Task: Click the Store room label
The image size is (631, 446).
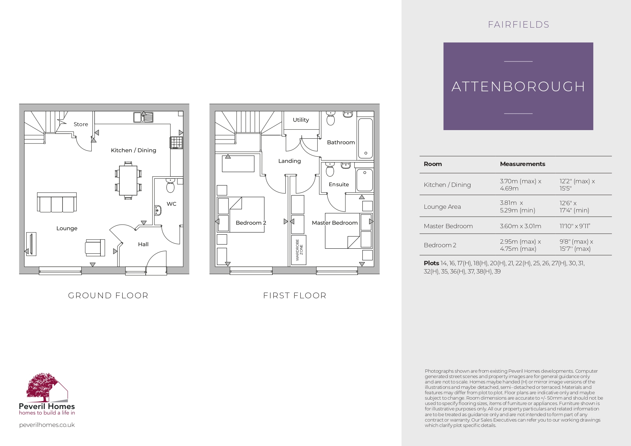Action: tap(81, 124)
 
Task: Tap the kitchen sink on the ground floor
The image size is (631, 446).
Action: tap(143, 117)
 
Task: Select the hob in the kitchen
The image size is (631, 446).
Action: tap(176, 143)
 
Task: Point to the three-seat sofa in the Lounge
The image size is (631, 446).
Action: tap(57, 203)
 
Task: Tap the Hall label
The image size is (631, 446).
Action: tap(143, 244)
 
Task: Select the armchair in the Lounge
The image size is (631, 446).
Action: tap(95, 248)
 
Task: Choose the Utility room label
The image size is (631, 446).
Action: tap(301, 120)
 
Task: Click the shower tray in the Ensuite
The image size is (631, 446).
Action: tap(364, 180)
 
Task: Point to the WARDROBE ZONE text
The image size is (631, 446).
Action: tap(299, 250)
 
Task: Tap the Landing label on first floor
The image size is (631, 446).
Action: tap(289, 161)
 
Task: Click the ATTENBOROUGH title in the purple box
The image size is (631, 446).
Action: tap(518, 87)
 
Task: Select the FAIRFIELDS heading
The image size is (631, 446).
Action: tap(518, 25)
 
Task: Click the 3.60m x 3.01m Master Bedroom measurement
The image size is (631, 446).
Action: tap(520, 226)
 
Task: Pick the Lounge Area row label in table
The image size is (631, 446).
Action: tap(442, 207)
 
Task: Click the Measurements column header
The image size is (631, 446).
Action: tap(522, 164)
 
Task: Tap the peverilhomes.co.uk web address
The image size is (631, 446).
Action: tap(47, 425)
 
